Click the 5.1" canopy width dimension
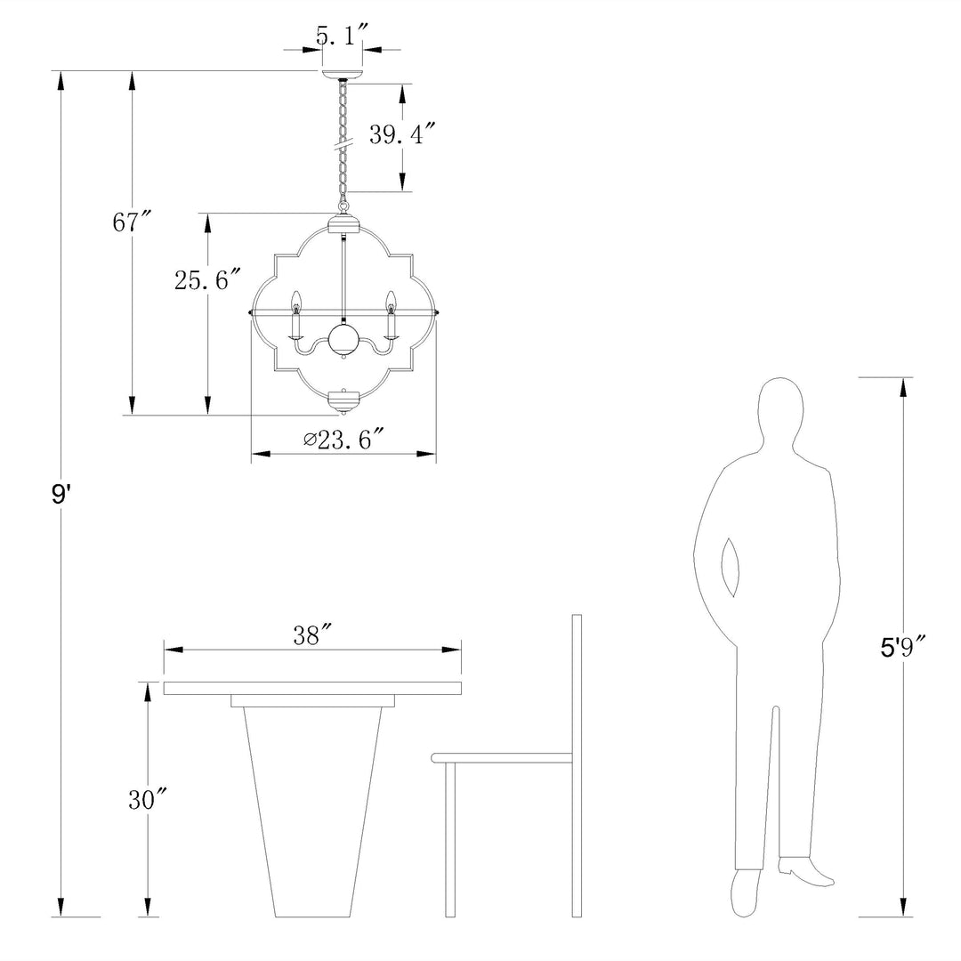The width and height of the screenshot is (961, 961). click(342, 36)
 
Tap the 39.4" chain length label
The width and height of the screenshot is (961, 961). click(402, 133)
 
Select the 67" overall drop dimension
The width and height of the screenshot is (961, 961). click(131, 222)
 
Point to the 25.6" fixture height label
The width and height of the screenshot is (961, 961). click(207, 279)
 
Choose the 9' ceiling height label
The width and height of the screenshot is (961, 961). click(61, 493)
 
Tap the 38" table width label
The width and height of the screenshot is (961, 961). click(312, 635)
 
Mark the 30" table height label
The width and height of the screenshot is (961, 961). click(148, 799)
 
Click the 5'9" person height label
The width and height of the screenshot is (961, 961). click(903, 647)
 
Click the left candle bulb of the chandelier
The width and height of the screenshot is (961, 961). click(296, 302)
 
